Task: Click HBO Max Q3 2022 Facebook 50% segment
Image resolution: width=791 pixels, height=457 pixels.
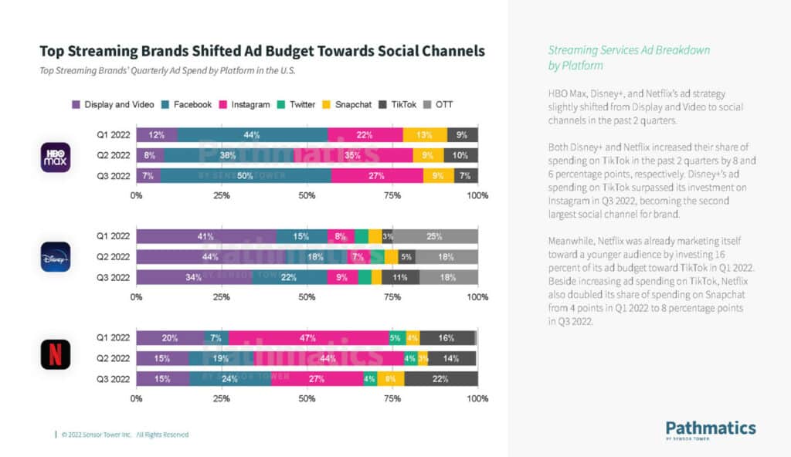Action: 246,176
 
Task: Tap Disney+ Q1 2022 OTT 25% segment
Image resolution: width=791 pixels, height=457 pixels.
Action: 436,236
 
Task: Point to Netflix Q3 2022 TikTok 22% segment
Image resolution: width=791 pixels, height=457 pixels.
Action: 441,378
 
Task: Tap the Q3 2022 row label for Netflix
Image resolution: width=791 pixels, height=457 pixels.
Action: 114,378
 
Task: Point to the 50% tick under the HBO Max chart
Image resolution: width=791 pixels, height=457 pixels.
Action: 307,195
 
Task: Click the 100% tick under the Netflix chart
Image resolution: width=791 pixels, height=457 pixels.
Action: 477,398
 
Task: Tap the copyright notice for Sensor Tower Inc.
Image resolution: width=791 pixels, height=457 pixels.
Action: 124,435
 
